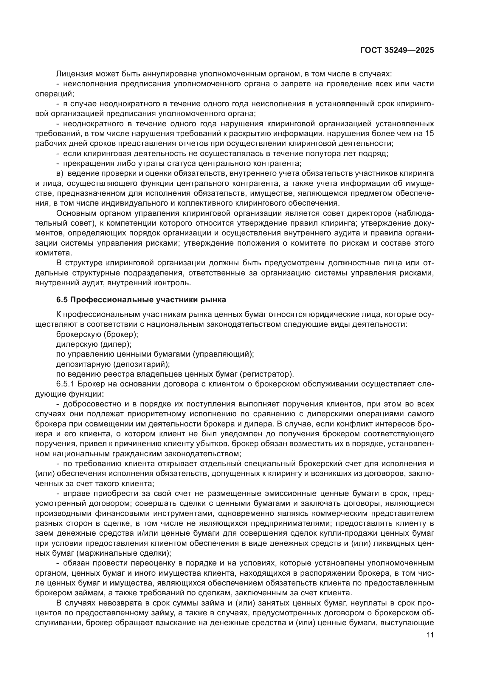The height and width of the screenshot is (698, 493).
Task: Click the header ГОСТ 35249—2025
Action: tap(397, 50)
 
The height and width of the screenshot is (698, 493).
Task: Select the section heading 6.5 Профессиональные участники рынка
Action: tap(141, 300)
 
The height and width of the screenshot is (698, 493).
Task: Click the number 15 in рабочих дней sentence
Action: tap(430, 134)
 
